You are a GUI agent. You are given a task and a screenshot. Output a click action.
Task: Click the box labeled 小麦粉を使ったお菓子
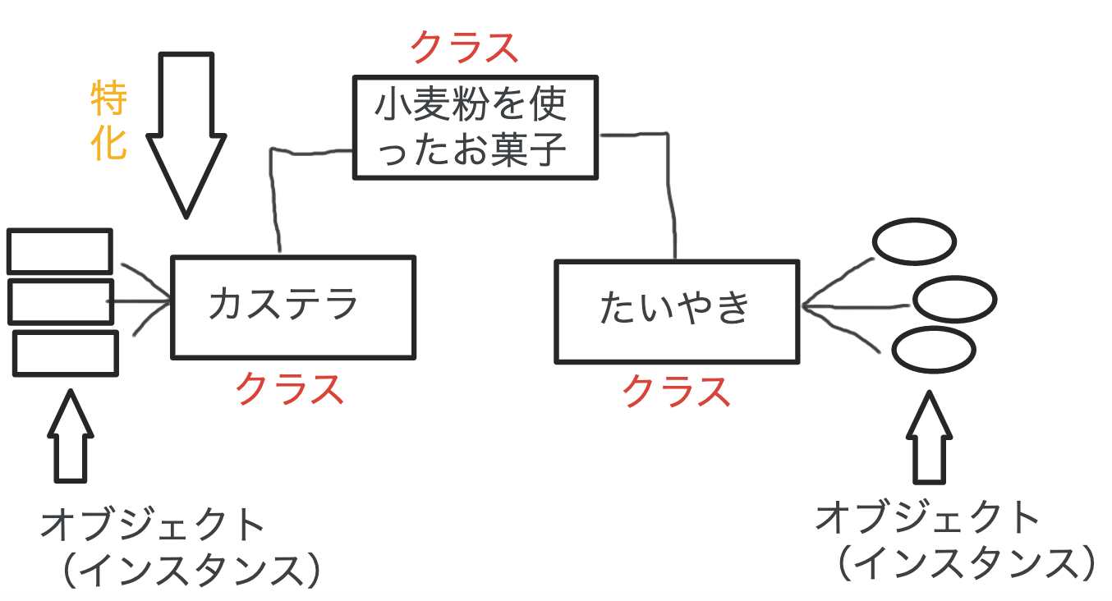click(475, 127)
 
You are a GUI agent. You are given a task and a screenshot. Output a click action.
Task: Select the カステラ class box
click(292, 307)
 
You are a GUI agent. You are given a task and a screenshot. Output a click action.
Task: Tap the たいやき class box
click(676, 311)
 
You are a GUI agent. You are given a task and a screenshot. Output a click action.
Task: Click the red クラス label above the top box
click(465, 48)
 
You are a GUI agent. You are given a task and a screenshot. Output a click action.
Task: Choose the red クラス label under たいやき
click(676, 391)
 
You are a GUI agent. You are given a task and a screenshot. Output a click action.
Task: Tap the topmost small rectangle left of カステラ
click(59, 251)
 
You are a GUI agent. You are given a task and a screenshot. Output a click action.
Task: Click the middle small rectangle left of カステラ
click(61, 301)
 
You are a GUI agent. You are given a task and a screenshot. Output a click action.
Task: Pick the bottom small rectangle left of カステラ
click(66, 352)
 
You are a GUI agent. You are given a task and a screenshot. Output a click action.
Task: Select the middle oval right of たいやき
click(954, 300)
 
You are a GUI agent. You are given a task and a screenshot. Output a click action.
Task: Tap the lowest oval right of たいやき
click(934, 351)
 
